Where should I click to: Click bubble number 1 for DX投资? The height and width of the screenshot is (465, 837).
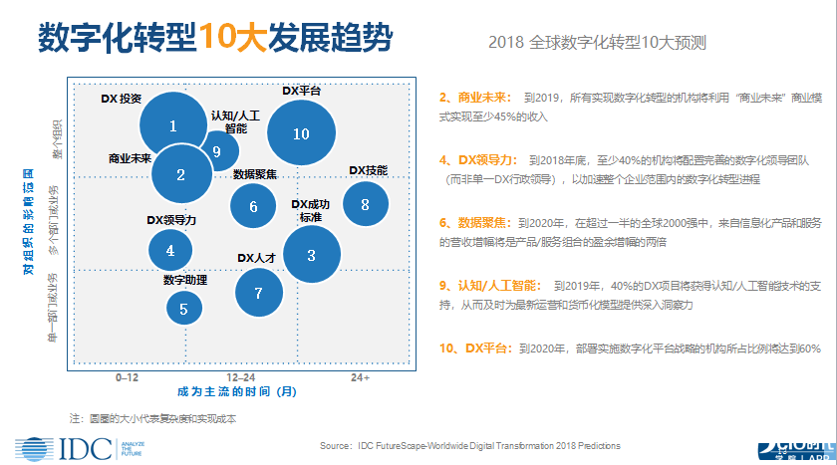point(173,126)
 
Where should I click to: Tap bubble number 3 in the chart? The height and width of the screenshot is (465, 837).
point(311,256)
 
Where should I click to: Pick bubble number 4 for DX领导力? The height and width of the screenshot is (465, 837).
point(170,251)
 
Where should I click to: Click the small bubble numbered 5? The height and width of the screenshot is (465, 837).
point(183,310)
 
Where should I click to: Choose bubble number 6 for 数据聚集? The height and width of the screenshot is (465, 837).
point(253,206)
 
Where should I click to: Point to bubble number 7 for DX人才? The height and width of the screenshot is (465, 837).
point(258,293)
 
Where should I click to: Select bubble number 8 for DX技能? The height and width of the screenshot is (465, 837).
point(365,204)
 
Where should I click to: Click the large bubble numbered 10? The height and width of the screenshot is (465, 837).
point(302,133)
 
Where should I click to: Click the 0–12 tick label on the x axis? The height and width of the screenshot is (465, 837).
point(127,378)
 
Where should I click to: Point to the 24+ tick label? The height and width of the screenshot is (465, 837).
point(360,378)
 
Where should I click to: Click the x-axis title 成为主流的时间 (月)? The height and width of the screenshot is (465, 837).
point(237,392)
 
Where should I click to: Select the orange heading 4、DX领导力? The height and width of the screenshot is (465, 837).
point(476,158)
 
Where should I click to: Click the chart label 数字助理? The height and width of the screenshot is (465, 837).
point(185,281)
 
